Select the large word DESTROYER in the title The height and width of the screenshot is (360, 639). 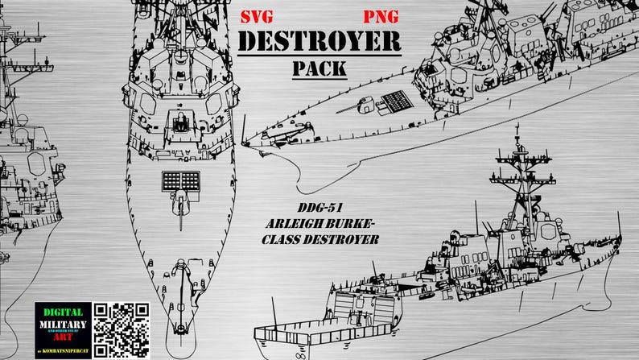(x=319, y=41)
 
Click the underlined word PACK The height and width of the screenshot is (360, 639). (x=319, y=68)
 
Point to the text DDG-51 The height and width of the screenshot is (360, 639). (x=320, y=207)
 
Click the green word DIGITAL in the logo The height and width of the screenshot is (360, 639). (x=63, y=312)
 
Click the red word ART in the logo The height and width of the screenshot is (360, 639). (x=63, y=341)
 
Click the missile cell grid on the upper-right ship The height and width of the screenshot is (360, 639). (x=395, y=101)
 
